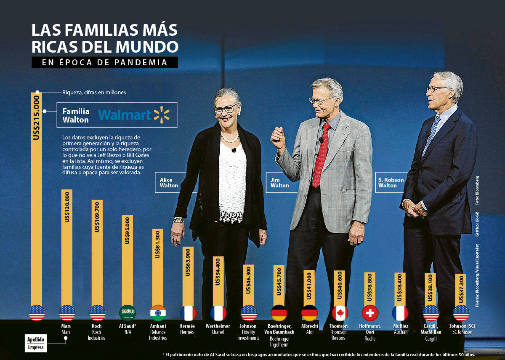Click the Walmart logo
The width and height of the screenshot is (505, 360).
point(133,115)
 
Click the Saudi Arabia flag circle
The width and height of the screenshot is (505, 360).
point(128,313)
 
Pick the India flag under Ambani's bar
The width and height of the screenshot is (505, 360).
point(158,313)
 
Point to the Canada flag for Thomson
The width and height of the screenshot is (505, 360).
point(340,313)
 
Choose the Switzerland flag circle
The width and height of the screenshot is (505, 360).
point(370,313)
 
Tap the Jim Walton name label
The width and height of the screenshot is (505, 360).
point(279,183)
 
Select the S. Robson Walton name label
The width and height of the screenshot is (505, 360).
point(391,183)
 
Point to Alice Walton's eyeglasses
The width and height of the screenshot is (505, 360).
point(225,109)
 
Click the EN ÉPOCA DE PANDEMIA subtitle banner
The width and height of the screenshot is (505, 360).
point(105,62)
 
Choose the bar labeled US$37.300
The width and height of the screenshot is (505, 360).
point(461,291)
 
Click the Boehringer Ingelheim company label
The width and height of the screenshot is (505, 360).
point(279,341)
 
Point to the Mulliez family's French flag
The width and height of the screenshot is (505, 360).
point(400,313)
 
